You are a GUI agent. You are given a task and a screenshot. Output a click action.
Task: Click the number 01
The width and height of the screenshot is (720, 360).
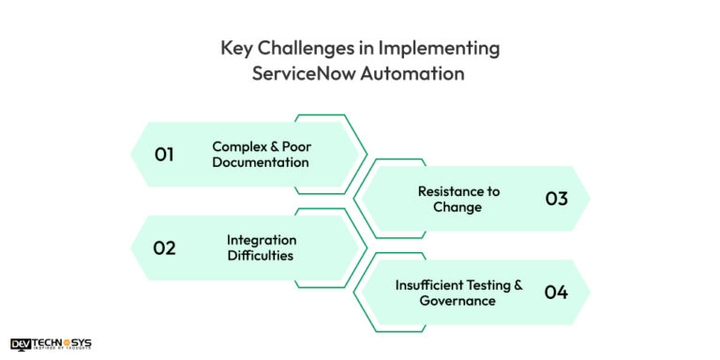point(164,154)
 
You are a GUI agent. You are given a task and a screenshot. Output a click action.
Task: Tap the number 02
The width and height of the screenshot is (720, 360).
point(165,247)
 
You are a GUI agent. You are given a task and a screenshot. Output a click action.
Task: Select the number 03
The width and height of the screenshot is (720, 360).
point(556,199)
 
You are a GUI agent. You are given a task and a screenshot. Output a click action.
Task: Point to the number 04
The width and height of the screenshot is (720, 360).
point(556,292)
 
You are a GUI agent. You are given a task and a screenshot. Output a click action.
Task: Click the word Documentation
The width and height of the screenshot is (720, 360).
point(261,162)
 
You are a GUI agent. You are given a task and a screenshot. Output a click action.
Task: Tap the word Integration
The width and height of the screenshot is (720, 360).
point(262,239)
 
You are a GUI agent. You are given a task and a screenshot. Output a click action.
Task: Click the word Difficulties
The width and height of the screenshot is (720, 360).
point(261,255)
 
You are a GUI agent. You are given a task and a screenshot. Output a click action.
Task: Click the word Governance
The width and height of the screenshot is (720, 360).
point(457,300)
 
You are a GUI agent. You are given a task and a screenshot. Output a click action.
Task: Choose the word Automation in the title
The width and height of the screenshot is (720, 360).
point(417,73)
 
